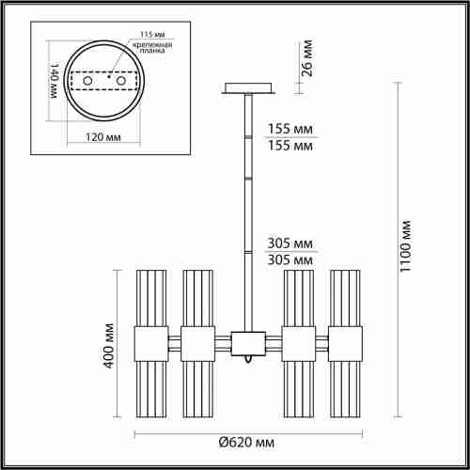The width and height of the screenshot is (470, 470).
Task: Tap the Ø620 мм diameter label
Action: pos(243,443)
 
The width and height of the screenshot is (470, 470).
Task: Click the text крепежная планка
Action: pos(149,48)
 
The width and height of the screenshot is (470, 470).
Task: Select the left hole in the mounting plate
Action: pos(89,84)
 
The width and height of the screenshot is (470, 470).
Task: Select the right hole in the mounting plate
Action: pos(119,84)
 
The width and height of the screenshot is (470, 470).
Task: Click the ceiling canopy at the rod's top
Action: pos(248,90)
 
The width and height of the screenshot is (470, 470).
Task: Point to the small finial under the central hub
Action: pos(248,359)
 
